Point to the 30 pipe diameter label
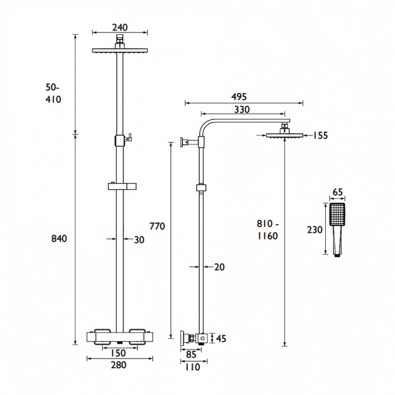coord(139,239)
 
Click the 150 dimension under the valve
coord(118,353)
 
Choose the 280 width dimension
coord(118,365)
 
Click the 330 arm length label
coord(242,109)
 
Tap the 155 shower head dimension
coord(320,136)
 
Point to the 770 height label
coord(157,226)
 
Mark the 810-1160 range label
coord(267,230)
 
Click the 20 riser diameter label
coord(220,266)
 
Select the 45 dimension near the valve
coord(221,338)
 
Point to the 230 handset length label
coord(314,229)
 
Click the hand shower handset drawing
coord(337,228)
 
